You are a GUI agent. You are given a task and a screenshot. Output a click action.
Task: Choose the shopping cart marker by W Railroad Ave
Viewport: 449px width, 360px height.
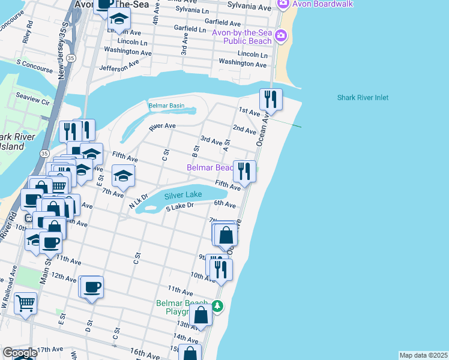click(x=25, y=304)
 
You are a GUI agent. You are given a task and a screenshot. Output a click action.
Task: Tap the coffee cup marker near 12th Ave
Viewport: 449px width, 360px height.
click(x=92, y=287)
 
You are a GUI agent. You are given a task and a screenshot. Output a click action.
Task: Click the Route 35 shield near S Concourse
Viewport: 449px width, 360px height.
click(x=71, y=58)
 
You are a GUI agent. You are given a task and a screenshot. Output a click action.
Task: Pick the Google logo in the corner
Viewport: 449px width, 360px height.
click(x=19, y=353)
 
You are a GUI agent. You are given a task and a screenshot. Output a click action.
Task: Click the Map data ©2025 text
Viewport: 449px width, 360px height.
click(x=423, y=355)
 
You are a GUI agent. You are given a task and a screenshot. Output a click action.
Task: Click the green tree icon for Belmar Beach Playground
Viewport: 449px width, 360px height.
click(x=218, y=307)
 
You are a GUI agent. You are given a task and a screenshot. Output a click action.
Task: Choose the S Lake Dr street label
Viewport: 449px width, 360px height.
click(x=180, y=206)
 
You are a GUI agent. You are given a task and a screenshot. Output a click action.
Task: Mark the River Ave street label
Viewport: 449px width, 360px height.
click(x=162, y=127)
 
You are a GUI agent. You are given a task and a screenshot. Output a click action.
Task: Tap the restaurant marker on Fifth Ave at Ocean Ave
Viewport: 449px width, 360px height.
click(x=244, y=171)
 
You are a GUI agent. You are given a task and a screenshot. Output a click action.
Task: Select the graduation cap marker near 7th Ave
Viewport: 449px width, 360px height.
click(x=124, y=175)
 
